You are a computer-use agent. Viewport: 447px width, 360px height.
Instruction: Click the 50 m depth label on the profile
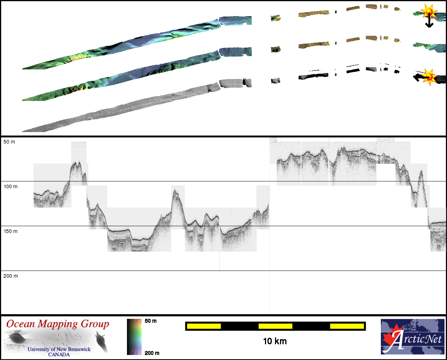coord(9,142)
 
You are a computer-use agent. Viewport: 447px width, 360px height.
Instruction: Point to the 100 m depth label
coord(10,186)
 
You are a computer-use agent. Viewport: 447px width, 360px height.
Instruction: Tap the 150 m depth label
coord(10,231)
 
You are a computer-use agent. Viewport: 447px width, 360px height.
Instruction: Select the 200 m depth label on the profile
coord(11,276)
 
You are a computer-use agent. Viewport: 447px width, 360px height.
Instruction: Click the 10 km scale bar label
coord(275,341)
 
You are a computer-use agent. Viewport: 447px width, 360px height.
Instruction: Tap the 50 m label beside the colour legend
coord(151,321)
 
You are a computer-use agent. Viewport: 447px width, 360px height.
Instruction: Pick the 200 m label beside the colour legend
coord(152,353)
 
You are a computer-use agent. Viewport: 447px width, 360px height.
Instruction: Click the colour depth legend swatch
coord(134,337)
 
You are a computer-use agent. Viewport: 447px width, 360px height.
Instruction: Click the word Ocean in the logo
coord(20,324)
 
